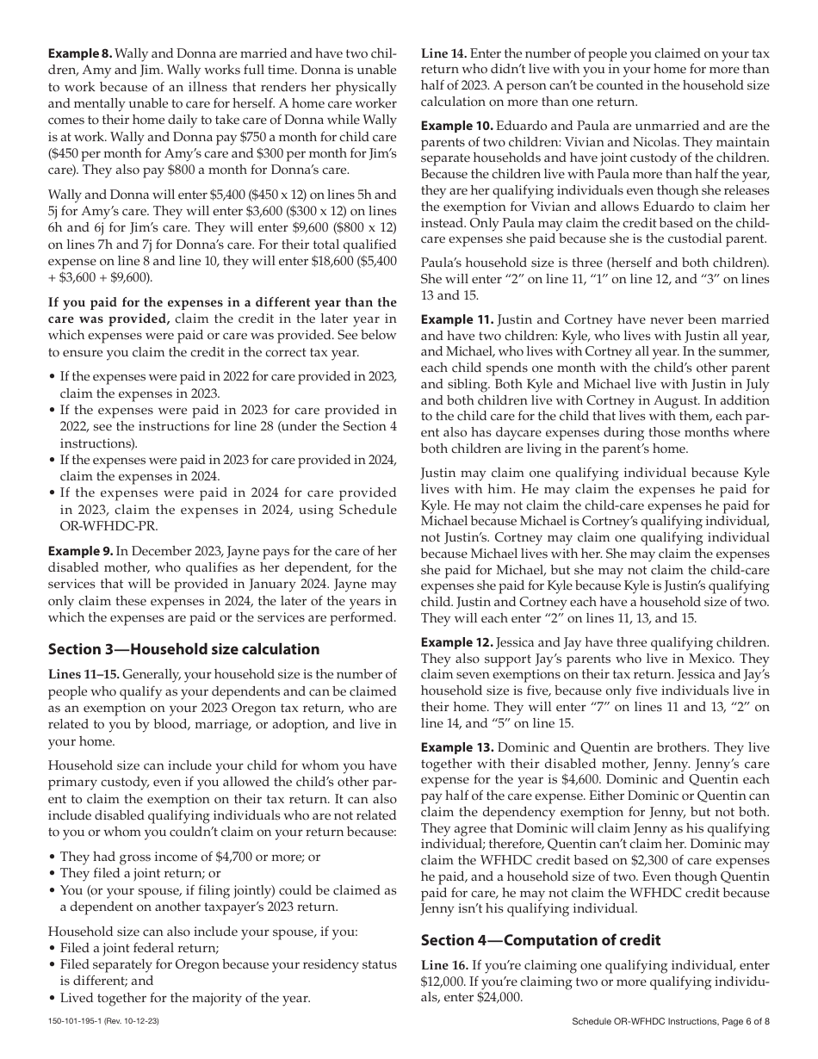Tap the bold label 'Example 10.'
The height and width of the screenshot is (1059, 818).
click(457, 126)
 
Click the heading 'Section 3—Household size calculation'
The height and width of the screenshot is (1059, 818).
click(183, 649)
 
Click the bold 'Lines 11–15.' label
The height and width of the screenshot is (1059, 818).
click(84, 674)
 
